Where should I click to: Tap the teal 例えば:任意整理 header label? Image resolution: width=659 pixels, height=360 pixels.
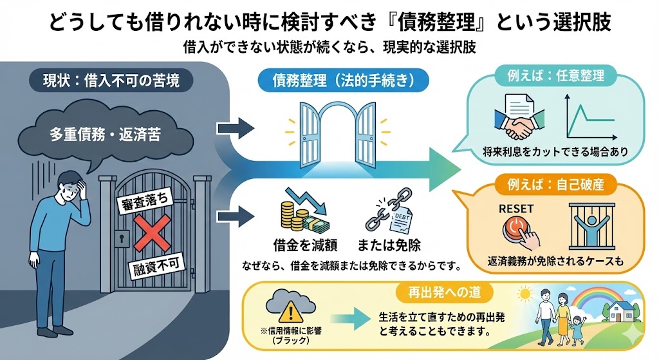[554, 77]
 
